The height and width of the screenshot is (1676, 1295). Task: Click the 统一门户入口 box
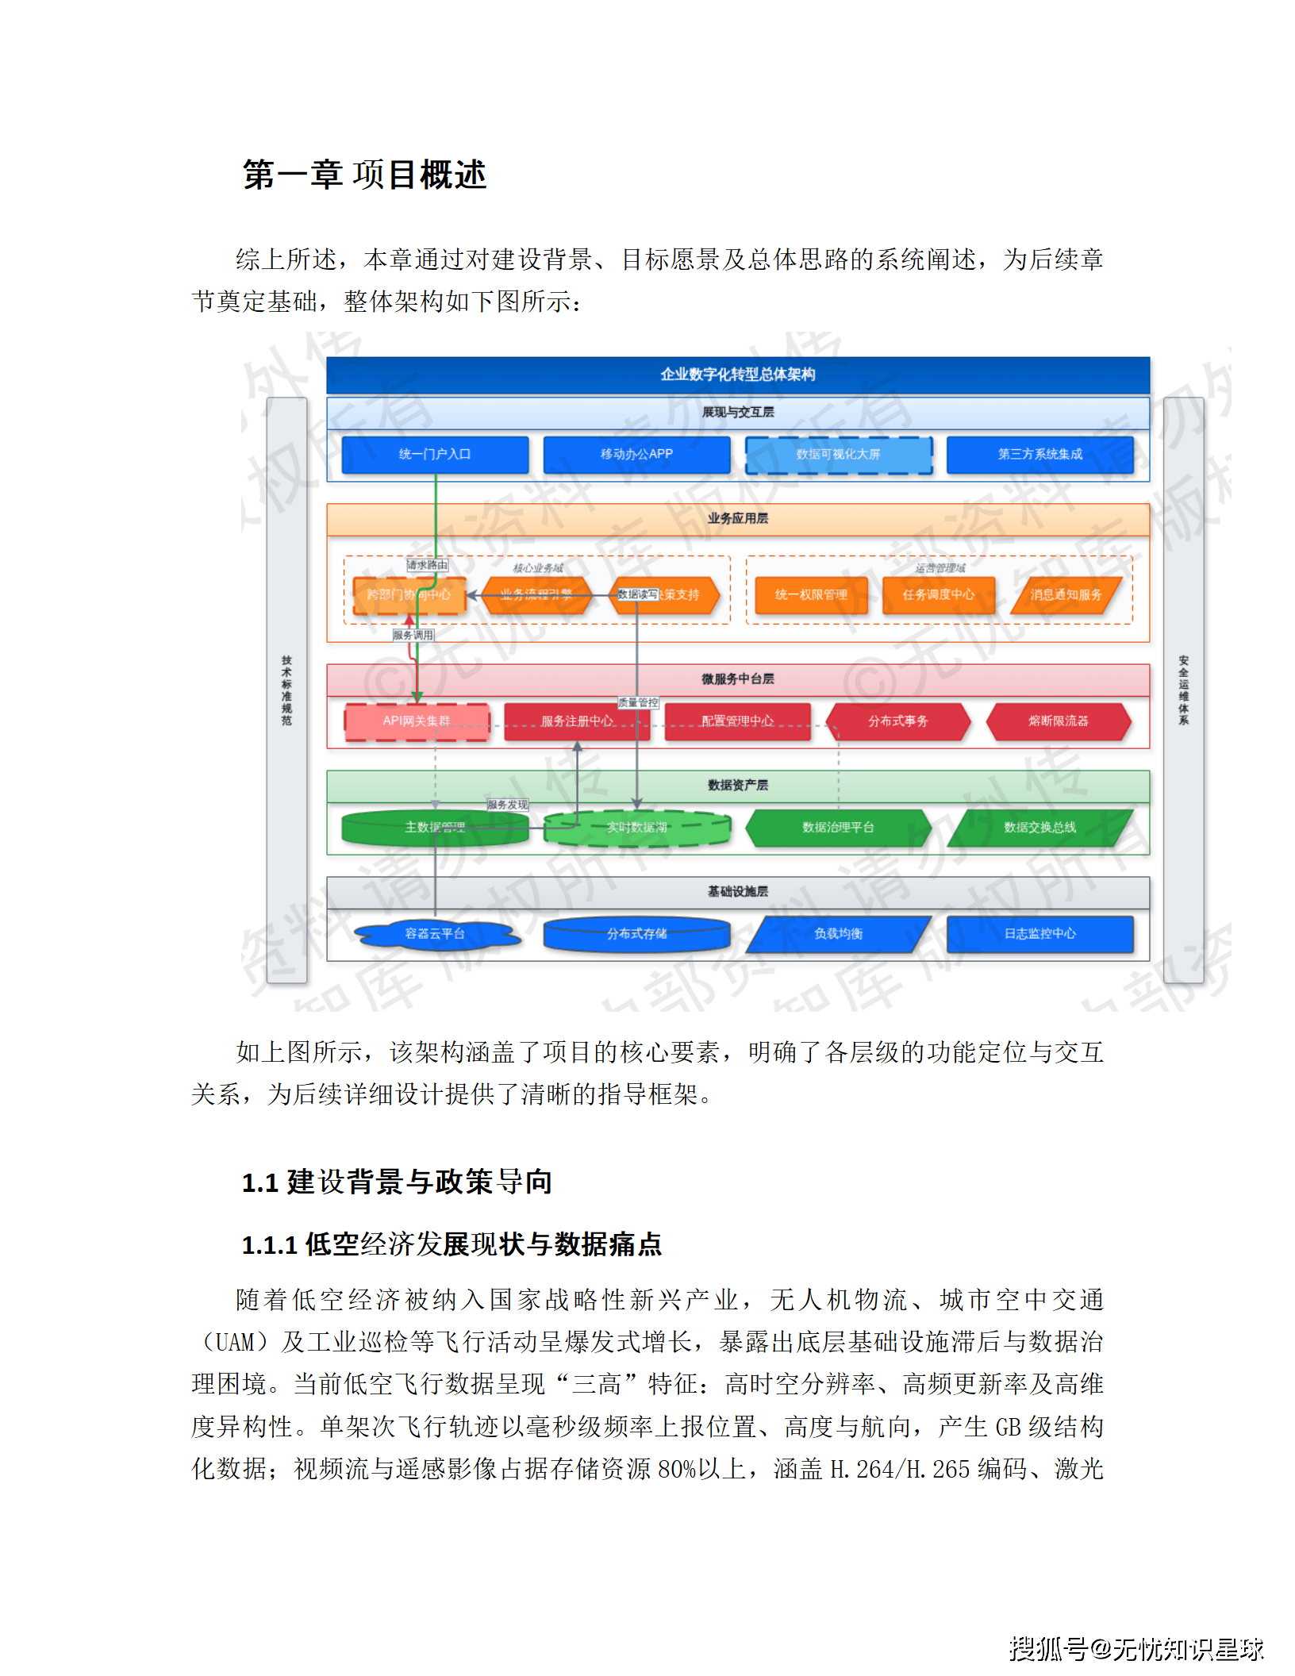coord(435,455)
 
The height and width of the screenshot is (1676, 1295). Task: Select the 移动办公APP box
coord(636,455)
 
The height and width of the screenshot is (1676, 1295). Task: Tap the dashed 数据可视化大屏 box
coord(838,455)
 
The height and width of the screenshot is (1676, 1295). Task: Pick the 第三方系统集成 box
coord(1039,455)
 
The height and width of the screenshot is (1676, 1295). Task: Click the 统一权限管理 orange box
coord(811,595)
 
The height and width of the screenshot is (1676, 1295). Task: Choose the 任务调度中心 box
coord(938,595)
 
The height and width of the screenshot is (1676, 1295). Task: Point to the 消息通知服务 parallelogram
coord(1066,595)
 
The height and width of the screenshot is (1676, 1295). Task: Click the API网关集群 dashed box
coord(417,721)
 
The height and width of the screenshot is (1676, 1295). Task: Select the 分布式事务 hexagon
coord(897,721)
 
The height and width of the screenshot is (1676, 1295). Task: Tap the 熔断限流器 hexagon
coord(1058,721)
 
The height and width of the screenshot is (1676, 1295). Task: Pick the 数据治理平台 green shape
coord(838,828)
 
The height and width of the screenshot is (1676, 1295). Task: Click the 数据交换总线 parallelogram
coord(1039,828)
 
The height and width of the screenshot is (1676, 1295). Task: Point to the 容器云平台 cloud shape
coord(435,934)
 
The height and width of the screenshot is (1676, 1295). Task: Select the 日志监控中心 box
coord(1039,934)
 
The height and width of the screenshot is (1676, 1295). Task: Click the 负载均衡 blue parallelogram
coord(838,934)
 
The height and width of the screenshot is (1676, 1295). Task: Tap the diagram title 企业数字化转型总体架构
coord(738,375)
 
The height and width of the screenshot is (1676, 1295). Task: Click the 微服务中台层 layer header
coord(738,679)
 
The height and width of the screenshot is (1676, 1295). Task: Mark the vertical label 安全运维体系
coord(1183,690)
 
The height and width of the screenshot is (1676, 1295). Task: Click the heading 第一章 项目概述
coord(364,175)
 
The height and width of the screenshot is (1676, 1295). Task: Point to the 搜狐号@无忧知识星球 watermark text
coord(1136,1649)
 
